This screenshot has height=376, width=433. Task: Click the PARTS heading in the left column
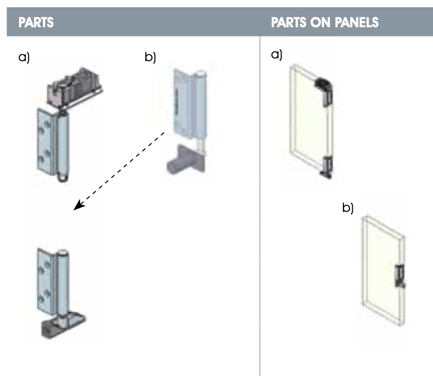tap(36, 23)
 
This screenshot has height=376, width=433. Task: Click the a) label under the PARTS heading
tap(24, 57)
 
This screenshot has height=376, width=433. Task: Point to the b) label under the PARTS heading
tap(150, 57)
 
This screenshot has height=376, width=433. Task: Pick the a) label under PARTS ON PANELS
tap(277, 55)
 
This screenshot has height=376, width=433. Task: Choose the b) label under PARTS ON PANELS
tap(348, 209)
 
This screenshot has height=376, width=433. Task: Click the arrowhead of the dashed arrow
tap(78, 206)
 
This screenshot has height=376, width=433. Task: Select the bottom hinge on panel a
tap(328, 166)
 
